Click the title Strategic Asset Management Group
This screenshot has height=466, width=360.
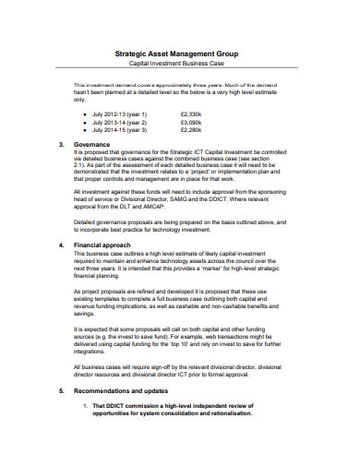[x=179, y=54]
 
